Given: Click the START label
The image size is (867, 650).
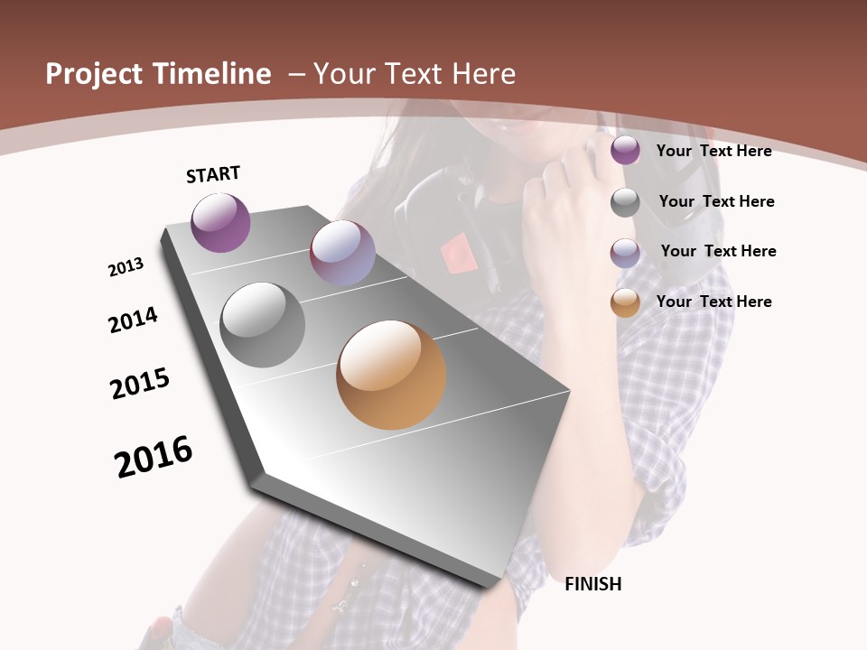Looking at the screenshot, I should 213,173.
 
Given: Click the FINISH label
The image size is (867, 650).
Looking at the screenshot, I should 592,584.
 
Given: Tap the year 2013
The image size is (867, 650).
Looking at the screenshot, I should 126,267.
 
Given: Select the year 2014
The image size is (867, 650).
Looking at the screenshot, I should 133,320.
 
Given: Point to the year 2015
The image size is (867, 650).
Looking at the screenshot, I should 140,384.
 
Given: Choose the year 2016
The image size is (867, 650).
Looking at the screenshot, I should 154,456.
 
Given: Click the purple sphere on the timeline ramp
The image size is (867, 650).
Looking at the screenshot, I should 220,222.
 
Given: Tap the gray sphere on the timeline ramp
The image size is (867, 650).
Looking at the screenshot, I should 263,325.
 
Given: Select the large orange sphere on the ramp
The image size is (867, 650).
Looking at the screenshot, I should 391,375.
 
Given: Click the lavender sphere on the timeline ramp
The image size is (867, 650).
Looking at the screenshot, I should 342,253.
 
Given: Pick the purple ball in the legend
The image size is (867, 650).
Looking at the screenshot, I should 625,151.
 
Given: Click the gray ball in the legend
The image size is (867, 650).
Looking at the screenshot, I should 625,202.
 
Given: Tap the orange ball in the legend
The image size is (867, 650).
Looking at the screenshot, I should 625,302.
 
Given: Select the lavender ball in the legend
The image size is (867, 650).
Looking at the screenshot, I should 625,252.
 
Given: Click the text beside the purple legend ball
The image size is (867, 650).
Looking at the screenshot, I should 713,151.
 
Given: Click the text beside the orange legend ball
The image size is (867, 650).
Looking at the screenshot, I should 713,302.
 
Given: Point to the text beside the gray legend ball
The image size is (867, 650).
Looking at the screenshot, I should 716,201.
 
